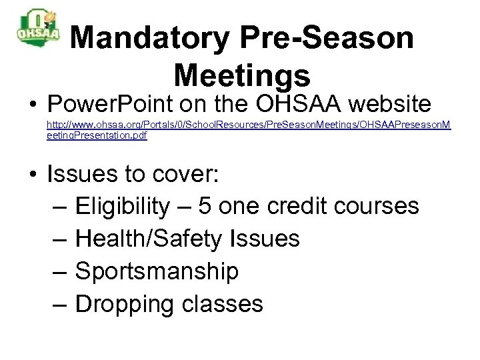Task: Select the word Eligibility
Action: click(x=123, y=205)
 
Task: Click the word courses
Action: click(x=380, y=205)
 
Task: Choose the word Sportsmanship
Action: click(x=157, y=271)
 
